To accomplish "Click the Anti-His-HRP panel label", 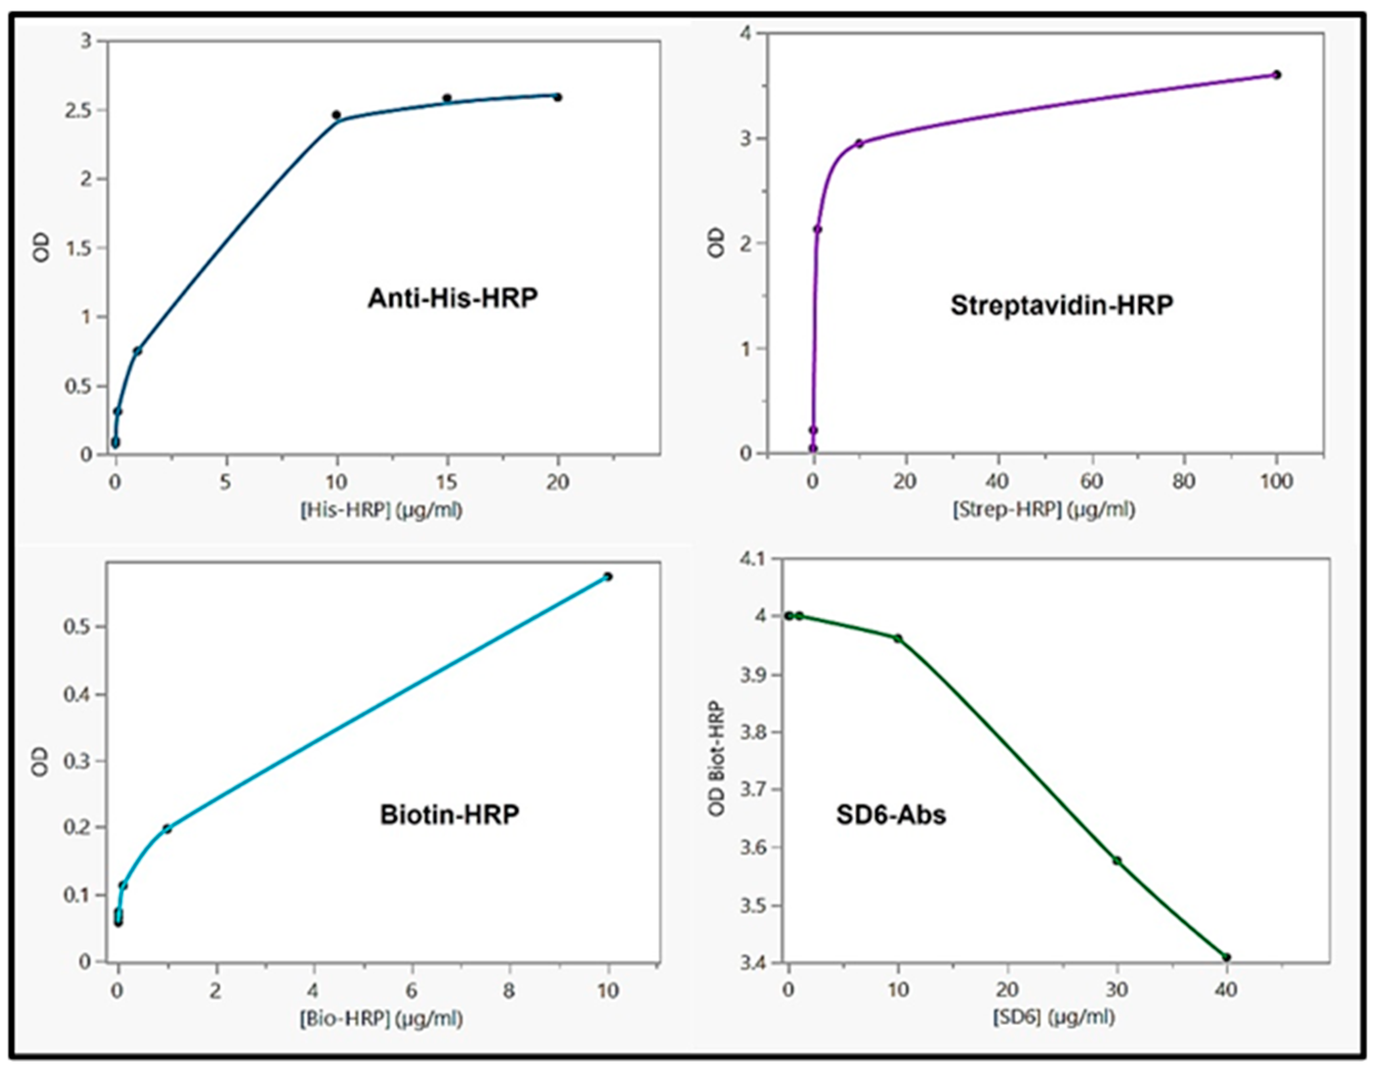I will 453,298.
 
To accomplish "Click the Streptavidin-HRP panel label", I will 1061,306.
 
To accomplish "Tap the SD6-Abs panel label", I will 891,816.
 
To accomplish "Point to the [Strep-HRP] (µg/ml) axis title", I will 1044,510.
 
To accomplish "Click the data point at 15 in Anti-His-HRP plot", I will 447,98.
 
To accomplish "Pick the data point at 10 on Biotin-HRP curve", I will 607,576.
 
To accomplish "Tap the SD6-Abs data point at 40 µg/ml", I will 1226,957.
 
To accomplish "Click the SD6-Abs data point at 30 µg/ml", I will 1117,861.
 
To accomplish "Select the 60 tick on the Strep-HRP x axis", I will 1092,482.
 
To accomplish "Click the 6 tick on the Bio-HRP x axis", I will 411,991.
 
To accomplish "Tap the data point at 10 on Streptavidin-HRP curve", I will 859,144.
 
